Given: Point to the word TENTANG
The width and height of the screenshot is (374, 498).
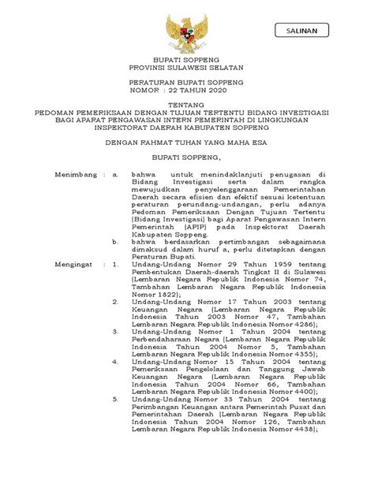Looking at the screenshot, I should tap(186, 105).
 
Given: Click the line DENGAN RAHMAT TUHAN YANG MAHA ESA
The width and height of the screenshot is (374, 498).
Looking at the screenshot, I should tap(186, 144).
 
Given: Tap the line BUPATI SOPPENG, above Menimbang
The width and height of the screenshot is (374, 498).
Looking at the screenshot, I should tap(186, 158).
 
